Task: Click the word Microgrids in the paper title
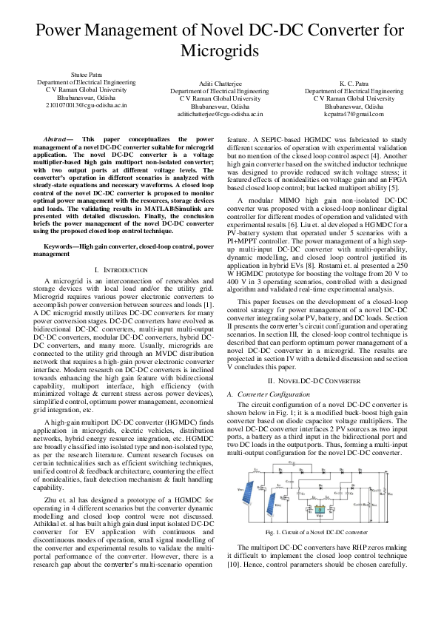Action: point(220,51)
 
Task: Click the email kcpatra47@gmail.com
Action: point(354,114)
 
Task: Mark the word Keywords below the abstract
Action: point(60,245)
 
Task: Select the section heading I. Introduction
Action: point(124,270)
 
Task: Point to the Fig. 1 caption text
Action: point(316,531)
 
